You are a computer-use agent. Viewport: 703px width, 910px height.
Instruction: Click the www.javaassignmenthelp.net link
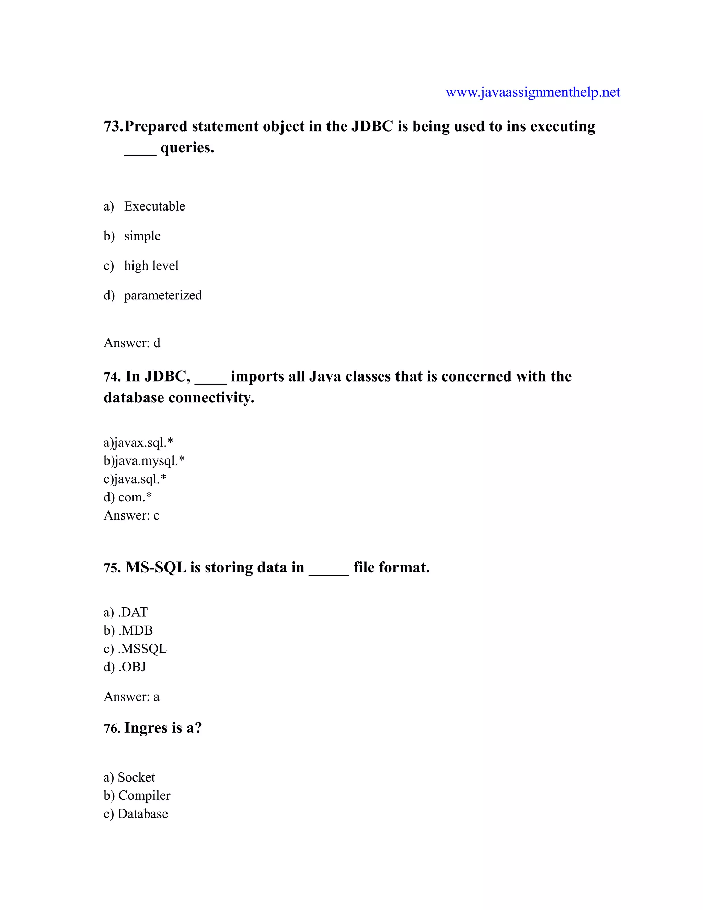(533, 92)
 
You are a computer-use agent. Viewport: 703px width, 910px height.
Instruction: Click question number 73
(113, 126)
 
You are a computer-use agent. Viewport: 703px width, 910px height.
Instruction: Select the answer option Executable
(154, 206)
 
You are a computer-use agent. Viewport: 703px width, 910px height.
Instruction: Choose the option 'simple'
(142, 236)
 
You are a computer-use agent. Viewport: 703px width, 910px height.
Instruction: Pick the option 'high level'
(151, 265)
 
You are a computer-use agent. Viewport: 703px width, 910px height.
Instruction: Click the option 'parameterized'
(163, 295)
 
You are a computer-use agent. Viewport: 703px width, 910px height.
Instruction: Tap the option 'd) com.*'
(128, 497)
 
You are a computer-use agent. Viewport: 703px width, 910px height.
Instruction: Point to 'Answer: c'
(131, 515)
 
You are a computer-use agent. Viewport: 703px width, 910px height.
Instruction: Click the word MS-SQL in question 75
(156, 568)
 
